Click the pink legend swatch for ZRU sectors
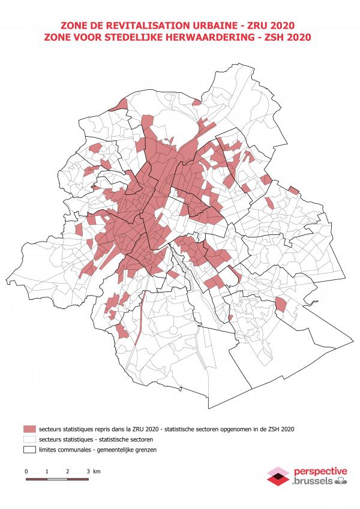[29, 429]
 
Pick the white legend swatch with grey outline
[29, 439]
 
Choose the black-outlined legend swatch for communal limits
[29, 450]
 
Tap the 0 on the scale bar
[26, 472]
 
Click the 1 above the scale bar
[47, 472]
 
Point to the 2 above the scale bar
[68, 472]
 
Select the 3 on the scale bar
[88, 472]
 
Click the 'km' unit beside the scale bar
[97, 472]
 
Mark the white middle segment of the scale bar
[57, 479]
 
